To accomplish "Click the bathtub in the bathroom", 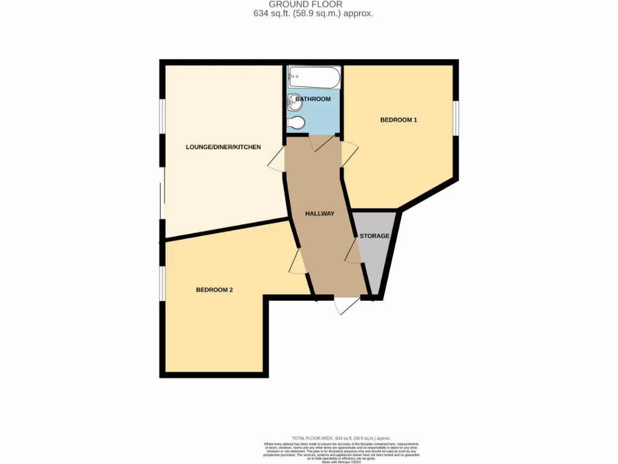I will [314, 77].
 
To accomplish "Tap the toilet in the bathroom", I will [296, 123].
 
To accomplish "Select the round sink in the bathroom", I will [296, 101].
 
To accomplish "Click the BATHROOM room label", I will [313, 99].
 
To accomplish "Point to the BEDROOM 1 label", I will [398, 120].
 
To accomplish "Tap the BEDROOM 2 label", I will [214, 290].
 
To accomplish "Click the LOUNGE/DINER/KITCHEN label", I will [223, 147].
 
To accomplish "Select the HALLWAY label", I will [319, 214].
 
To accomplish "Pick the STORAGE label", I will [374, 236].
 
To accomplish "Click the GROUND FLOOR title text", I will [314, 4].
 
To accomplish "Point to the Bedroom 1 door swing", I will [349, 154].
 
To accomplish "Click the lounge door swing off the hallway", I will [276, 159].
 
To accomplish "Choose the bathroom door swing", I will [320, 143].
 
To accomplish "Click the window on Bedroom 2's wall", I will [162, 283].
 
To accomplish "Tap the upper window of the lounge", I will [162, 115].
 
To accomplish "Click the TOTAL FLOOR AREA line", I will [341, 438].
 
